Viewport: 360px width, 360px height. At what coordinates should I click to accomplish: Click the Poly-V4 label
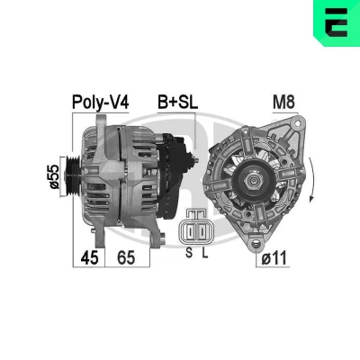[x=101, y=103]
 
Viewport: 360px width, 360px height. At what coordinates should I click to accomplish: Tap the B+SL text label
[x=178, y=103]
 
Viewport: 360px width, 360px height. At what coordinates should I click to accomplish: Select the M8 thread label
[x=283, y=102]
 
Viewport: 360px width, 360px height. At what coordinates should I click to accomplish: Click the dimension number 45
[x=89, y=257]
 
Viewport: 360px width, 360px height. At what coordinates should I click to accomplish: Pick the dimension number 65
[x=126, y=257]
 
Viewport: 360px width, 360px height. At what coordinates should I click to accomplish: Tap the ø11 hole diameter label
[x=274, y=258]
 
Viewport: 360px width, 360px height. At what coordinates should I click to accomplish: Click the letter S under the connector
[x=189, y=253]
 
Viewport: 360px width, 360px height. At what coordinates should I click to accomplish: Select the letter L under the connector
[x=204, y=253]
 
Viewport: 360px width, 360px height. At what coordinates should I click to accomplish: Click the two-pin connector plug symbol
[x=196, y=228]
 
